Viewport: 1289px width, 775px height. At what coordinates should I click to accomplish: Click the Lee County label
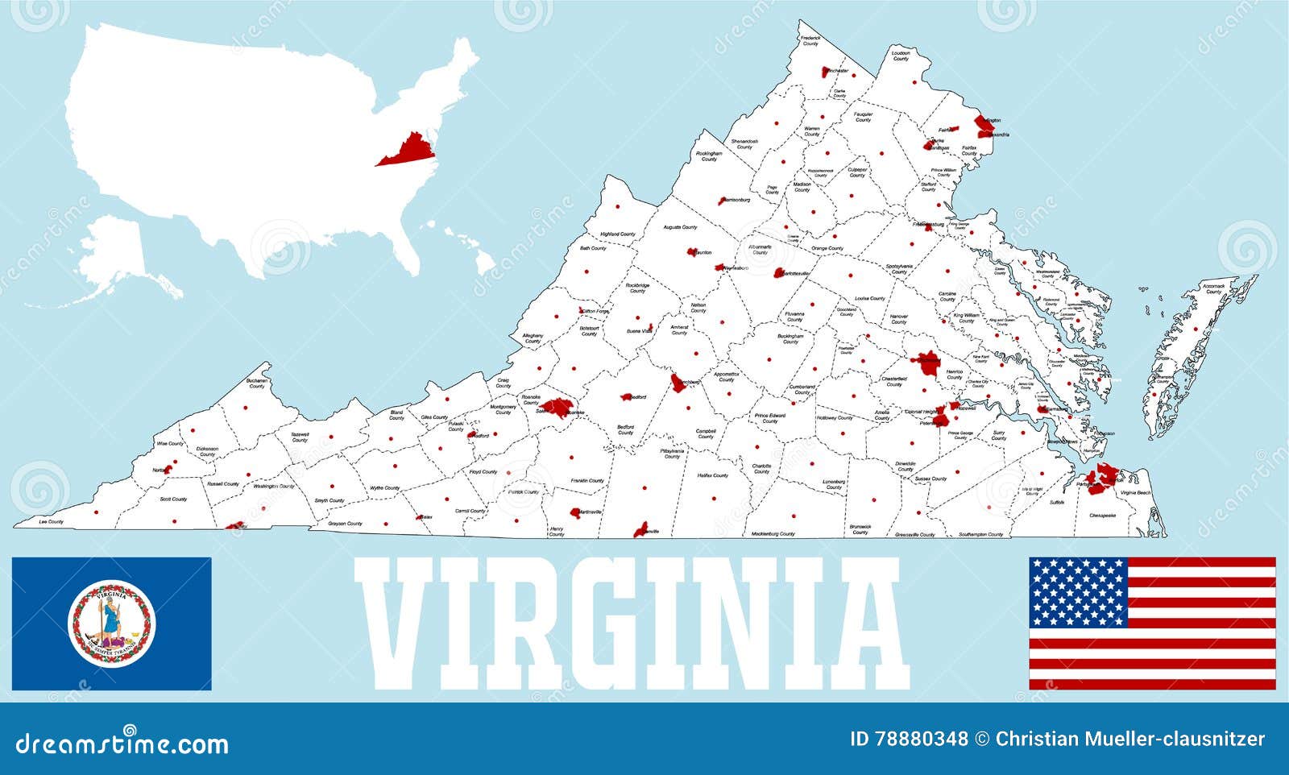pyautogui.click(x=51, y=522)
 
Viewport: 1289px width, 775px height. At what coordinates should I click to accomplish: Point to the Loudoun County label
pyautogui.click(x=901, y=56)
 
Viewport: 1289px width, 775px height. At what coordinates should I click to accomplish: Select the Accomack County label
pyautogui.click(x=1212, y=288)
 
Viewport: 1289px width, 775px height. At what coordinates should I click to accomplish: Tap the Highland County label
pyautogui.click(x=618, y=234)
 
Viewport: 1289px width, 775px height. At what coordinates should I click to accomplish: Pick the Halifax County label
pyautogui.click(x=712, y=475)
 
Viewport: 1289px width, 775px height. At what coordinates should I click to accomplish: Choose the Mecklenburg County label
pyautogui.click(x=773, y=534)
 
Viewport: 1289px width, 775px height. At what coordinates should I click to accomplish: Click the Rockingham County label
pyautogui.click(x=709, y=155)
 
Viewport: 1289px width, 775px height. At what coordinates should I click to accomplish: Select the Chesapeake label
pyautogui.click(x=1102, y=515)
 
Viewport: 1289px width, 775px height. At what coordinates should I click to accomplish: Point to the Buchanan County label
pyautogui.click(x=257, y=383)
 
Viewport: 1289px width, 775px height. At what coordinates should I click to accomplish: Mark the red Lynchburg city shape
pyautogui.click(x=679, y=382)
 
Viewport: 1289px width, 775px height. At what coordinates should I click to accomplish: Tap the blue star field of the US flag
pyautogui.click(x=1078, y=592)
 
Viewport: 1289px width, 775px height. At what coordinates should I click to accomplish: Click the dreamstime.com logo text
pyautogui.click(x=122, y=743)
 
